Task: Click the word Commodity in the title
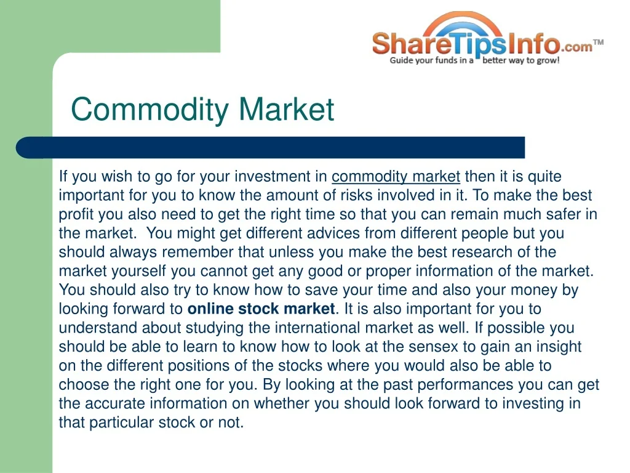tap(150, 110)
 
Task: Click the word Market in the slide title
tap(286, 109)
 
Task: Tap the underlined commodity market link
tap(396, 177)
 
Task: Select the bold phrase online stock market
tap(261, 309)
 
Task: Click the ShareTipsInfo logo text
tap(466, 44)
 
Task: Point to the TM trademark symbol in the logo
tap(598, 42)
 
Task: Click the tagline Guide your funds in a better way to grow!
tap(474, 61)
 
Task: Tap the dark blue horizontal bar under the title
tap(271, 148)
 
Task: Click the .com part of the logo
tap(576, 47)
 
